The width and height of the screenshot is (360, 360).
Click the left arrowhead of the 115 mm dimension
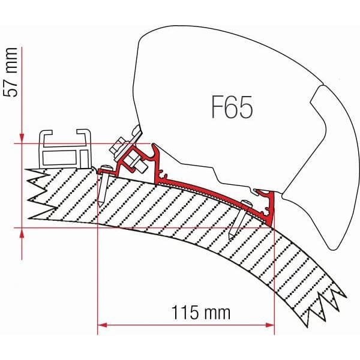click(x=102, y=326)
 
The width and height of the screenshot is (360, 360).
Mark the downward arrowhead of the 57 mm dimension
click(x=22, y=137)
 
